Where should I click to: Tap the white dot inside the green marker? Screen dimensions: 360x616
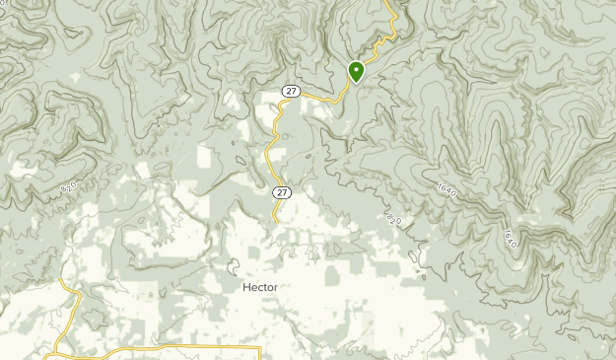coord(356,70)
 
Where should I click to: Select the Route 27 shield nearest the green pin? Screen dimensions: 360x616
coord(290,91)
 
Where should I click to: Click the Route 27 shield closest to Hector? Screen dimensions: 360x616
coord(283,191)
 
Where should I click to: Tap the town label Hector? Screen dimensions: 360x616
coord(259,287)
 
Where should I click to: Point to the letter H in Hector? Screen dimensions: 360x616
coord(245,287)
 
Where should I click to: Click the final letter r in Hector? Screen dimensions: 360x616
coord(275,287)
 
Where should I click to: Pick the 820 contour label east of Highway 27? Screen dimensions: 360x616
coord(395,217)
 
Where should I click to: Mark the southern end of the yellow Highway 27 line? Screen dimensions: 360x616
coord(277,222)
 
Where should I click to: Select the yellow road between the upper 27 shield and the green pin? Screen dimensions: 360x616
coord(325,98)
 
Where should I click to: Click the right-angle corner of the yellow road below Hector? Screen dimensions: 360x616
coord(259,348)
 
